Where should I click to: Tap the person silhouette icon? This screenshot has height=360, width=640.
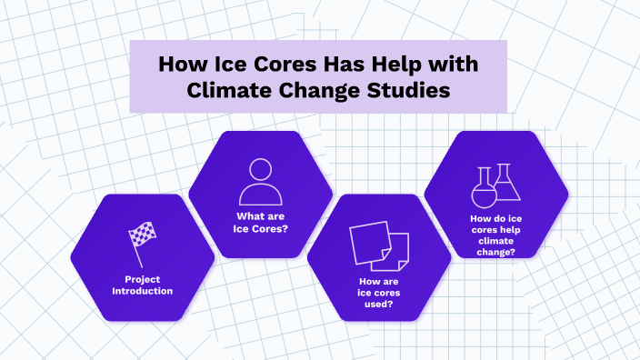coord(261,182)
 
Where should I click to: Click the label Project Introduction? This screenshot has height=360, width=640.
coord(143,285)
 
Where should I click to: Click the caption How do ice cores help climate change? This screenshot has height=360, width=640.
coord(495,235)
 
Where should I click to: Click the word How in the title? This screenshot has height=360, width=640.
coord(180,65)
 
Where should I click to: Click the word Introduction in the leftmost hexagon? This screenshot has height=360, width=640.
coord(143,291)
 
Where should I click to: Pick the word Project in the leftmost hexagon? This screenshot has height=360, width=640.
coord(143,278)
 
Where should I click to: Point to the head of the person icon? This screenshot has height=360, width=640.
coord(261,170)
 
